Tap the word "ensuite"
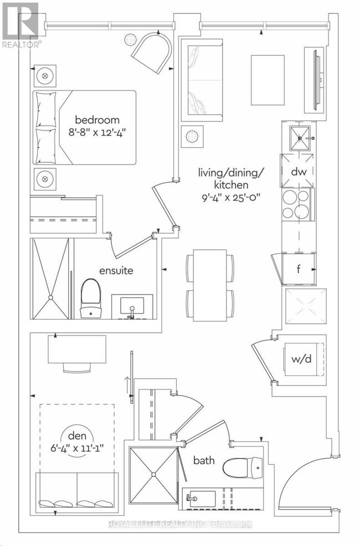pyautogui.click(x=116, y=271)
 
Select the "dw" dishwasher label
pyautogui.click(x=299, y=171)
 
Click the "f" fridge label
pyautogui.click(x=299, y=269)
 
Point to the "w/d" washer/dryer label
pyautogui.click(x=301, y=359)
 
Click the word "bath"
pyautogui.click(x=204, y=460)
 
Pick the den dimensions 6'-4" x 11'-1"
pyautogui.click(x=78, y=447)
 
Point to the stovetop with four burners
pyautogui.click(x=296, y=204)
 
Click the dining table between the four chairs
pyautogui.click(x=210, y=286)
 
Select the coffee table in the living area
pyautogui.click(x=268, y=80)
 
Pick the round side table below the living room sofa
pyautogui.click(x=192, y=136)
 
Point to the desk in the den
pyautogui.click(x=77, y=349)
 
